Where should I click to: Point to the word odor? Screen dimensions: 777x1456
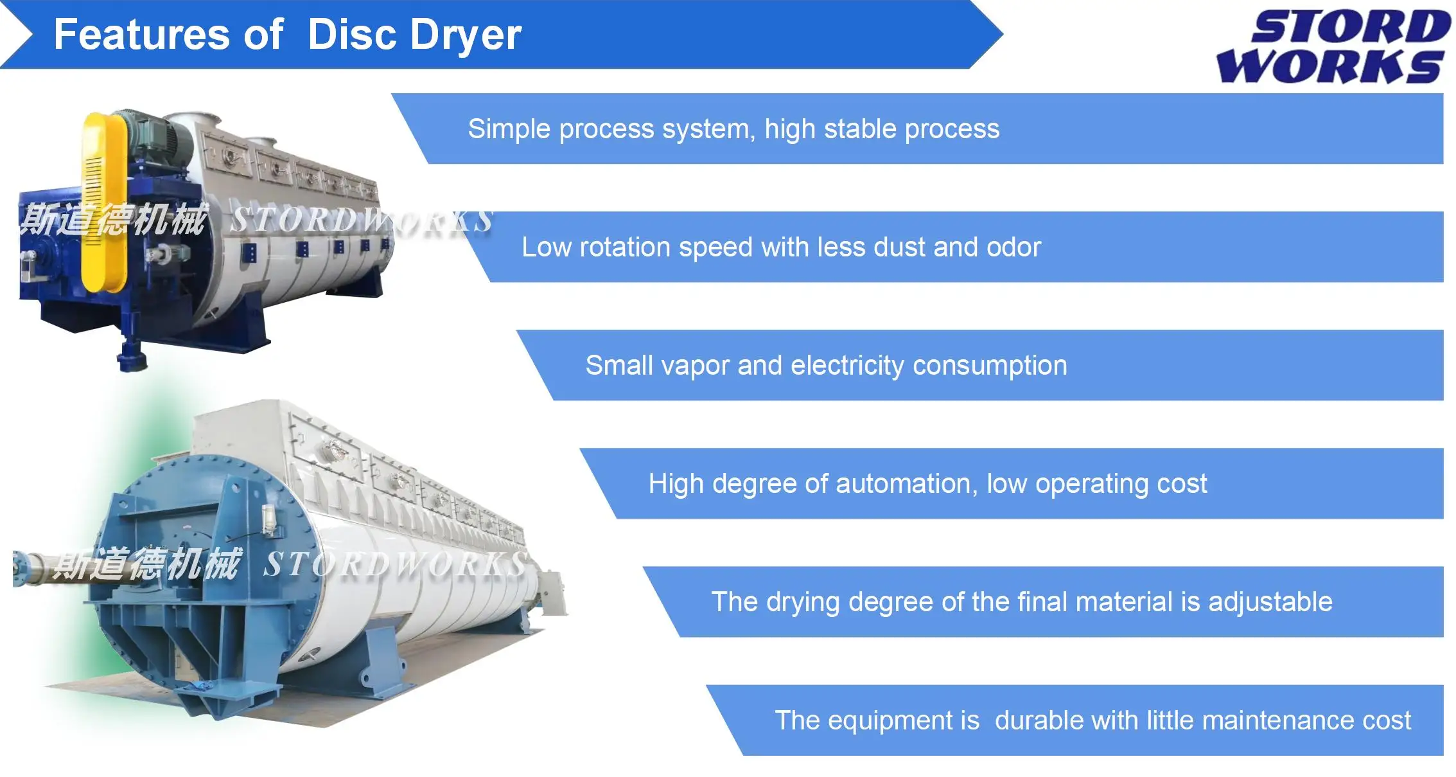(x=1013, y=247)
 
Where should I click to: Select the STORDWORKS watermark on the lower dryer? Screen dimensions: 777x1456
(x=395, y=565)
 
